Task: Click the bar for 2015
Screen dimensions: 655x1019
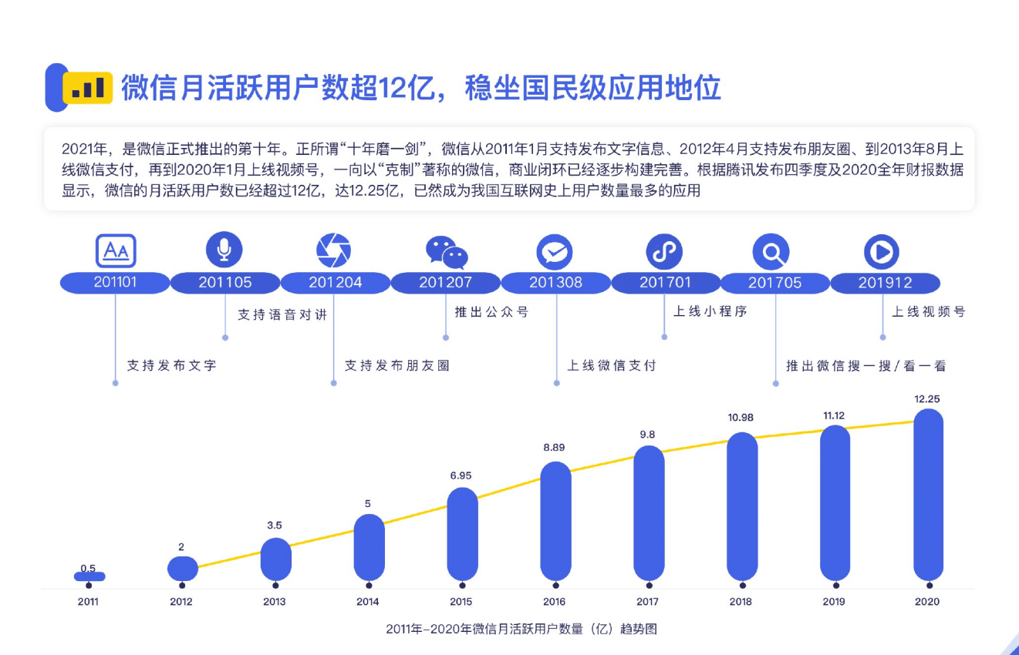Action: (462, 533)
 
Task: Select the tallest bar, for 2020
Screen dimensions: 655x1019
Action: (928, 494)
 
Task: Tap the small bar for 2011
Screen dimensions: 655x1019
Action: (89, 576)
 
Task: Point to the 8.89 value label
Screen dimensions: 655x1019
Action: (555, 447)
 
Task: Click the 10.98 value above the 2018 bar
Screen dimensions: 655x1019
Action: (741, 418)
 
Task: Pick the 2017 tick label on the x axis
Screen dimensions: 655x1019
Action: (647, 602)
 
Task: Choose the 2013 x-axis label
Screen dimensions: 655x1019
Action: (274, 602)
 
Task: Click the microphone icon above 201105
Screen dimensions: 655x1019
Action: (224, 250)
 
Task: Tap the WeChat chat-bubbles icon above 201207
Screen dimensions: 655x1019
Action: (447, 252)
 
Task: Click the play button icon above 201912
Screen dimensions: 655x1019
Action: (881, 251)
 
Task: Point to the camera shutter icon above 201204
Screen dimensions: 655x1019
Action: (334, 250)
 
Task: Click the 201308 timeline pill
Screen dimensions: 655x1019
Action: (555, 283)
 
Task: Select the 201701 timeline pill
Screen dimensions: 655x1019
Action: (666, 283)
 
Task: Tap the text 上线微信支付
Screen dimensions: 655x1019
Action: (612, 365)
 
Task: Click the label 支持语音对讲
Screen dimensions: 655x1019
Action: (282, 315)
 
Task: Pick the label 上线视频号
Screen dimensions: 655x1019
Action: (929, 312)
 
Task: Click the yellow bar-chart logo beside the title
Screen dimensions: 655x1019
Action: (88, 89)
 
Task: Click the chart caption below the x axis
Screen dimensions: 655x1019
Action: (521, 629)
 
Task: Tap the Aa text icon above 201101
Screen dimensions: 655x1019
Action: (116, 250)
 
